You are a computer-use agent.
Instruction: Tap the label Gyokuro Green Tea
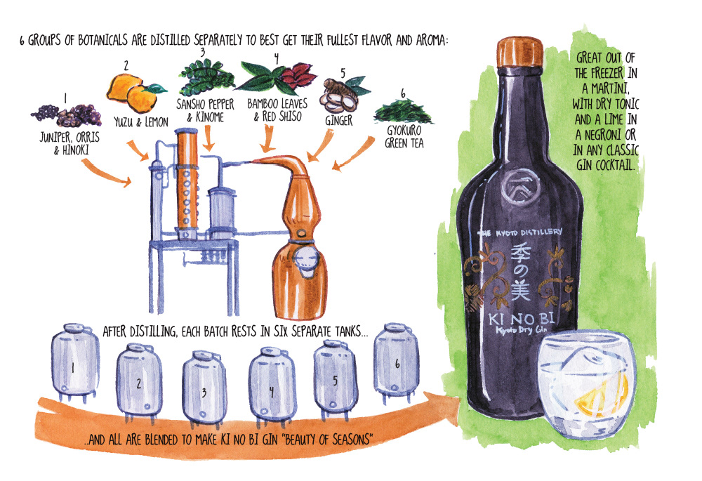[x=404, y=137]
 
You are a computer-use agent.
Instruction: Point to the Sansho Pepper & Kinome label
[x=205, y=110]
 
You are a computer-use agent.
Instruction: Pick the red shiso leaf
[x=297, y=74]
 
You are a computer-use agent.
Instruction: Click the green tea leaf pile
[x=403, y=111]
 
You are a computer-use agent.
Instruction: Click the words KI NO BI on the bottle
[x=521, y=319]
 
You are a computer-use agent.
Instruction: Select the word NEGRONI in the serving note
[x=604, y=134]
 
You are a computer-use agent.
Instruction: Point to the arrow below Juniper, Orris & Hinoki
[x=106, y=173]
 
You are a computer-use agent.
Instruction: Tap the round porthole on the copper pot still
[x=306, y=260]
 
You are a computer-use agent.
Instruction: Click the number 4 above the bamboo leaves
[x=276, y=58]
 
